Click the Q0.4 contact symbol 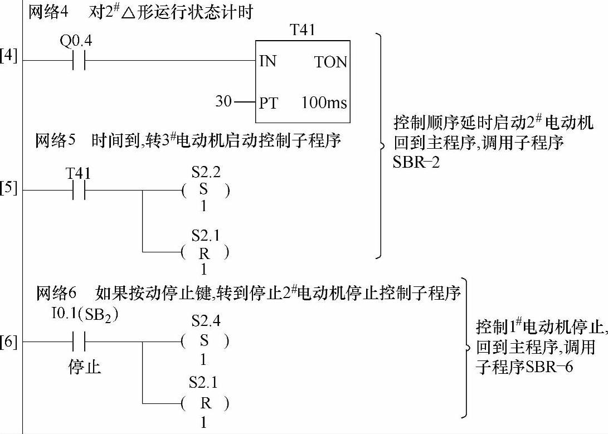[x=79, y=60]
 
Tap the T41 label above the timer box [x=303, y=30]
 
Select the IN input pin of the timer [x=268, y=61]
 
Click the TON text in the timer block [x=330, y=62]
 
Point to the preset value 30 [x=223, y=102]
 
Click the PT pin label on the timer [x=269, y=103]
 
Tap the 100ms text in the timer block [x=324, y=103]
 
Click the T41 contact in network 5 [x=79, y=190]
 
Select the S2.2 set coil [x=204, y=190]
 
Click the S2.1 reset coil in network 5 [x=204, y=253]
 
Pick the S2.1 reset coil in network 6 [x=204, y=403]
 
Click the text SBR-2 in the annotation [x=417, y=163]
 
